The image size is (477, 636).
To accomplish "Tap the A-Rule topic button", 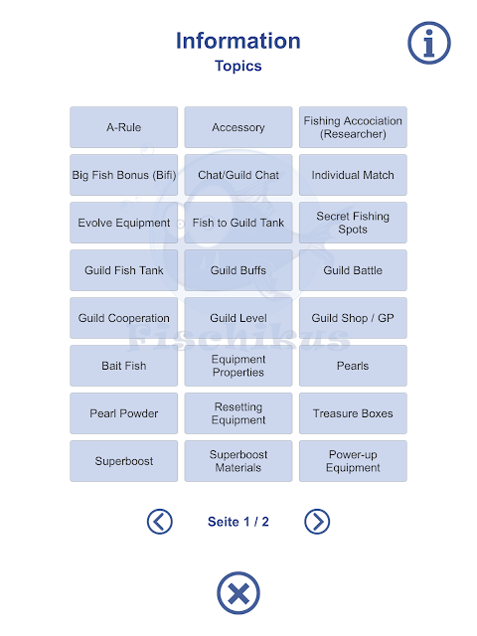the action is click(x=123, y=127).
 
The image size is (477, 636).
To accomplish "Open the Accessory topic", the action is click(x=238, y=127).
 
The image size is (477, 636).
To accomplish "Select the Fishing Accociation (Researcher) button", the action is click(x=353, y=127).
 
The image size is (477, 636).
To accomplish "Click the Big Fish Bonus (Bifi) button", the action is click(x=123, y=175).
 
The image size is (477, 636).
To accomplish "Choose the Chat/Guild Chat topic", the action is click(x=238, y=175).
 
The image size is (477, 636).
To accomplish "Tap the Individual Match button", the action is click(x=353, y=175).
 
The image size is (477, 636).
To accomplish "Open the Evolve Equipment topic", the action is click(x=123, y=223).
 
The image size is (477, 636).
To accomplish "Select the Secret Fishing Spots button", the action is click(x=353, y=223).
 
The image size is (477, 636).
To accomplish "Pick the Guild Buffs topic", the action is click(x=238, y=270).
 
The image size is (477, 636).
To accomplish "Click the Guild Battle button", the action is click(x=353, y=270).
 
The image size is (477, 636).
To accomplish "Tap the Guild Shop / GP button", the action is click(x=353, y=318).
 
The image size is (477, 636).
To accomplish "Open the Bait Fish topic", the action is click(x=123, y=366).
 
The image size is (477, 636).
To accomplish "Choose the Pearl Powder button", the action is click(x=123, y=413).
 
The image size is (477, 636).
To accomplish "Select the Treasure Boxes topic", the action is click(x=353, y=413).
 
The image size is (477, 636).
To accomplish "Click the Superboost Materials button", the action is click(x=238, y=461).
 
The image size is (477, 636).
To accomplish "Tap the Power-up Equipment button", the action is click(x=353, y=461).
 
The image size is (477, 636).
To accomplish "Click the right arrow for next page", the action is click(x=317, y=522).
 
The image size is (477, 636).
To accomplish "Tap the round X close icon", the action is click(x=238, y=593).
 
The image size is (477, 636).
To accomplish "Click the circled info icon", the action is click(x=429, y=43).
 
